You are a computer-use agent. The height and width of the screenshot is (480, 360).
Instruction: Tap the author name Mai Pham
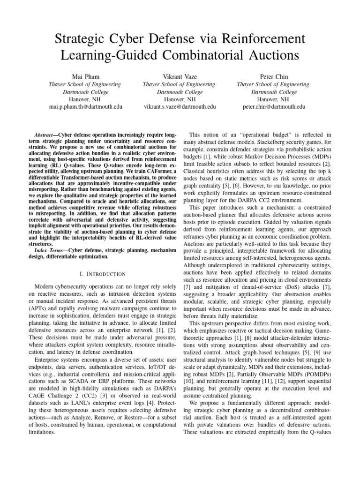click(x=85, y=76)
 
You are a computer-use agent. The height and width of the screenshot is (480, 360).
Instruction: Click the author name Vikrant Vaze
click(x=180, y=76)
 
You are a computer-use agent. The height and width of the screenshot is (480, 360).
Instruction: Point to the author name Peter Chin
click(x=274, y=76)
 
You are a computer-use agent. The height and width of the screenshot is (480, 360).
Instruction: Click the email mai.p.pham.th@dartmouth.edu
click(x=85, y=107)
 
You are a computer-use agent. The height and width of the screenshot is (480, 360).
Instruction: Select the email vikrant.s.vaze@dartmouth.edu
click(x=180, y=107)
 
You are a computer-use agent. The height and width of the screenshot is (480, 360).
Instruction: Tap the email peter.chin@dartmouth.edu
click(x=274, y=107)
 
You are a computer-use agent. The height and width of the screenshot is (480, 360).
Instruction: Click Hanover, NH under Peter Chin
click(x=274, y=99)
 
